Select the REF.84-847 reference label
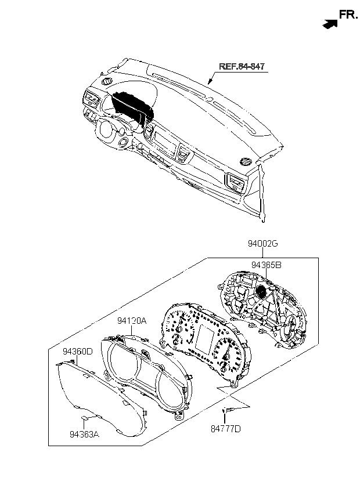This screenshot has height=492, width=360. click(x=242, y=67)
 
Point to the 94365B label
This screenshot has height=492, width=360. click(x=267, y=265)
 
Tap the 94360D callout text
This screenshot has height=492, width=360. click(x=78, y=352)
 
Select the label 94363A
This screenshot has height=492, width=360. click(x=85, y=433)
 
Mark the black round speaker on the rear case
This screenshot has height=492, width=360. click(x=261, y=291)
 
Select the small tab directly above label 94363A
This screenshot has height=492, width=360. click(x=84, y=417)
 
